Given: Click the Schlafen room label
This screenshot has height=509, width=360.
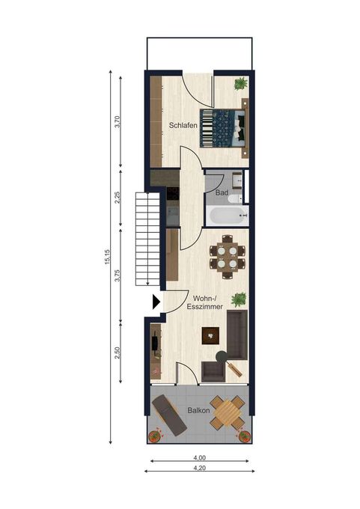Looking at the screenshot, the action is tap(183, 125).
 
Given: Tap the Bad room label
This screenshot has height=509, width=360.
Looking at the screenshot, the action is tap(222, 192).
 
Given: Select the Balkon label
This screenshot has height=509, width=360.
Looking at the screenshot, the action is tap(198, 410).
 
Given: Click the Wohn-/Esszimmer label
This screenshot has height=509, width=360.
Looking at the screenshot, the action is tap(204, 302).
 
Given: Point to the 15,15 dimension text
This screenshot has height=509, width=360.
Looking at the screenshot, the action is tap(108, 257).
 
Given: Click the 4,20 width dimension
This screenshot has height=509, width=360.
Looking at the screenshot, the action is tap(199, 468).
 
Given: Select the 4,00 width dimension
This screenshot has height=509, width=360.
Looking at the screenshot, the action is tap(199, 457).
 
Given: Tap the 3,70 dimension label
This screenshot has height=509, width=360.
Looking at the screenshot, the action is tap(118, 122).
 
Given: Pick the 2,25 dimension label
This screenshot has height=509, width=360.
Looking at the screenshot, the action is tap(118, 198).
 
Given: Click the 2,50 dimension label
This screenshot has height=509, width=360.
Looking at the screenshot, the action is tap(118, 353).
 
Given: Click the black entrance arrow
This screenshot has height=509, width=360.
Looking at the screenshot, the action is tap(156, 302).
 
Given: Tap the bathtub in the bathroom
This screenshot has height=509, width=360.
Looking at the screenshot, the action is tap(228, 216).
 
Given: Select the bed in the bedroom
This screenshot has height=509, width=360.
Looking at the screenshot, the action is tap(224, 128).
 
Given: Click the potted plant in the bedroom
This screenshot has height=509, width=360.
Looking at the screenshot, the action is tap(240, 84).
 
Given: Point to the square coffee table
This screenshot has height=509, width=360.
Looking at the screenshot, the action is tap(210, 335).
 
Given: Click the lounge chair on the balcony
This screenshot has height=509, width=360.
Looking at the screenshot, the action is tap(169, 415).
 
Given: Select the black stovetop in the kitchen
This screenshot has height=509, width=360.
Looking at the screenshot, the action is tap(173, 193).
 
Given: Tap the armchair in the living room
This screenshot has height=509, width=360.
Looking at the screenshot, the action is tap(213, 371).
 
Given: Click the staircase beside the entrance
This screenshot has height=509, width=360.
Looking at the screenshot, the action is tap(147, 239).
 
